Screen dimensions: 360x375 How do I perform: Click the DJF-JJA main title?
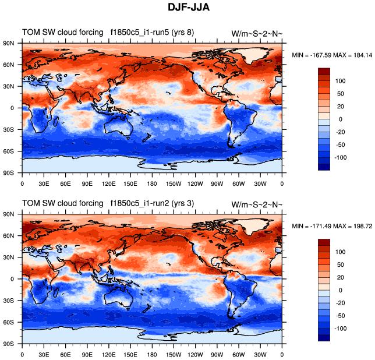(x=187, y=9)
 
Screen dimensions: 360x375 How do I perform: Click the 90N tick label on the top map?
(x=9, y=43)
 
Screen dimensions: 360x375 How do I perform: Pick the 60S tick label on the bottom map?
(x=9, y=322)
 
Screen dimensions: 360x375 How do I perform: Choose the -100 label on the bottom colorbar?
(x=339, y=329)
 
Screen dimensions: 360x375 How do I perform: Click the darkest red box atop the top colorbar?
(x=324, y=70)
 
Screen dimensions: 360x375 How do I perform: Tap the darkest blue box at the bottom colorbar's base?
(x=324, y=337)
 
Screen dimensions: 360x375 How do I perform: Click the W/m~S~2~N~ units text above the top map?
(x=257, y=33)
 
